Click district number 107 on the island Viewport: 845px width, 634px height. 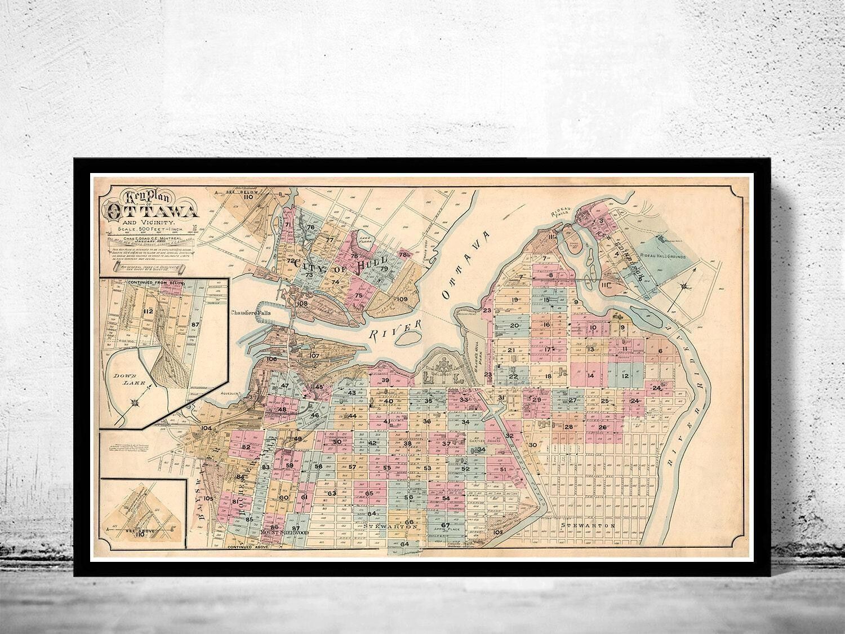coord(314,356)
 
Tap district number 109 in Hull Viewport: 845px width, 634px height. coord(402,299)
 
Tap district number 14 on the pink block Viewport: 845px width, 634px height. coord(591,375)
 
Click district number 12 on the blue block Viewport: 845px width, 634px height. coord(625,375)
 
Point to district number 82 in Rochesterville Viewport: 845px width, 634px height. coord(246,447)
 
